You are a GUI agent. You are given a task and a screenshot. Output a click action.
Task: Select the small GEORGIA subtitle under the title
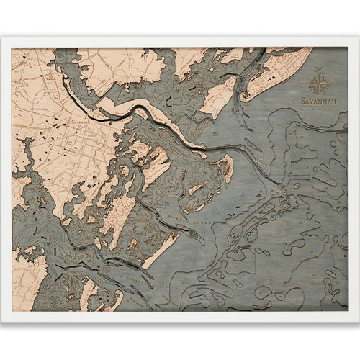click(318, 109)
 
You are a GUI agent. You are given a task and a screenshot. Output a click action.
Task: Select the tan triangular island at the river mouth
click(224, 168)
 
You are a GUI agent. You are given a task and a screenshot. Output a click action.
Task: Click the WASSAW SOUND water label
click(209, 216)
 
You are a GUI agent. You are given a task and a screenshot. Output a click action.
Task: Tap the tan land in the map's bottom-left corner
click(29, 288)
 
